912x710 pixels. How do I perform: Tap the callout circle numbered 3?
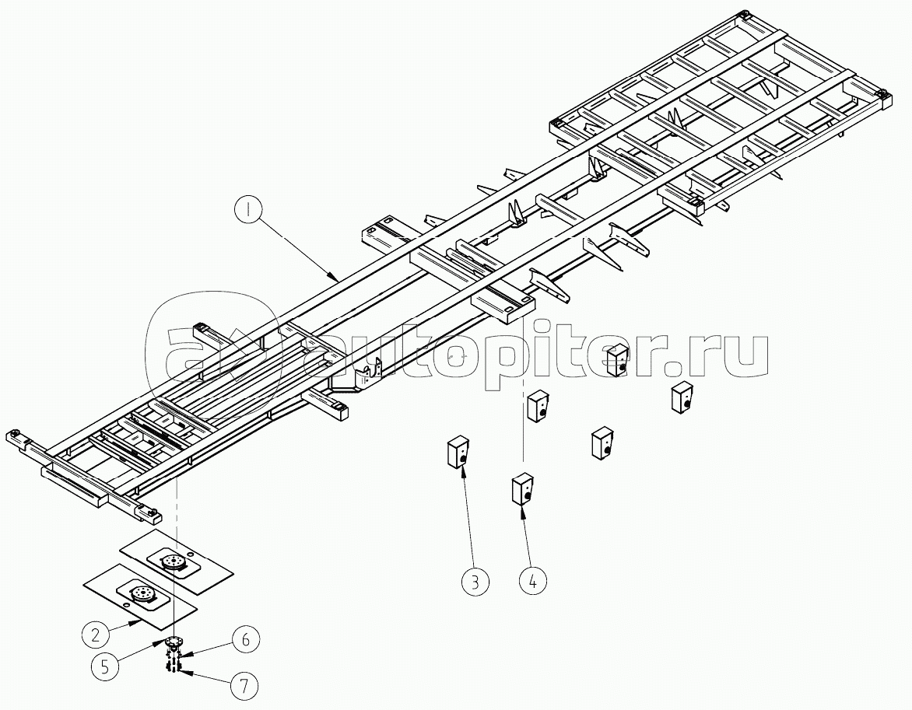475,580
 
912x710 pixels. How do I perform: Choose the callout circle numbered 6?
245,639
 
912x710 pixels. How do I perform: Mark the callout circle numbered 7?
244,686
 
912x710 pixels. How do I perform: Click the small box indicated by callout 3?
458,452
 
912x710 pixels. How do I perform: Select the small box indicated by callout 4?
521,490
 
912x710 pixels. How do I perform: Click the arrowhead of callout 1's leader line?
335,277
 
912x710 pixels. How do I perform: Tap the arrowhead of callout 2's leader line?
142,620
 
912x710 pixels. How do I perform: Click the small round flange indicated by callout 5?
173,642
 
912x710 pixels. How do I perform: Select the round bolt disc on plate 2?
142,593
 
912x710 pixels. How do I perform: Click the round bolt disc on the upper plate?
174,562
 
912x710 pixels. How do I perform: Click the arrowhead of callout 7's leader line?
179,671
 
